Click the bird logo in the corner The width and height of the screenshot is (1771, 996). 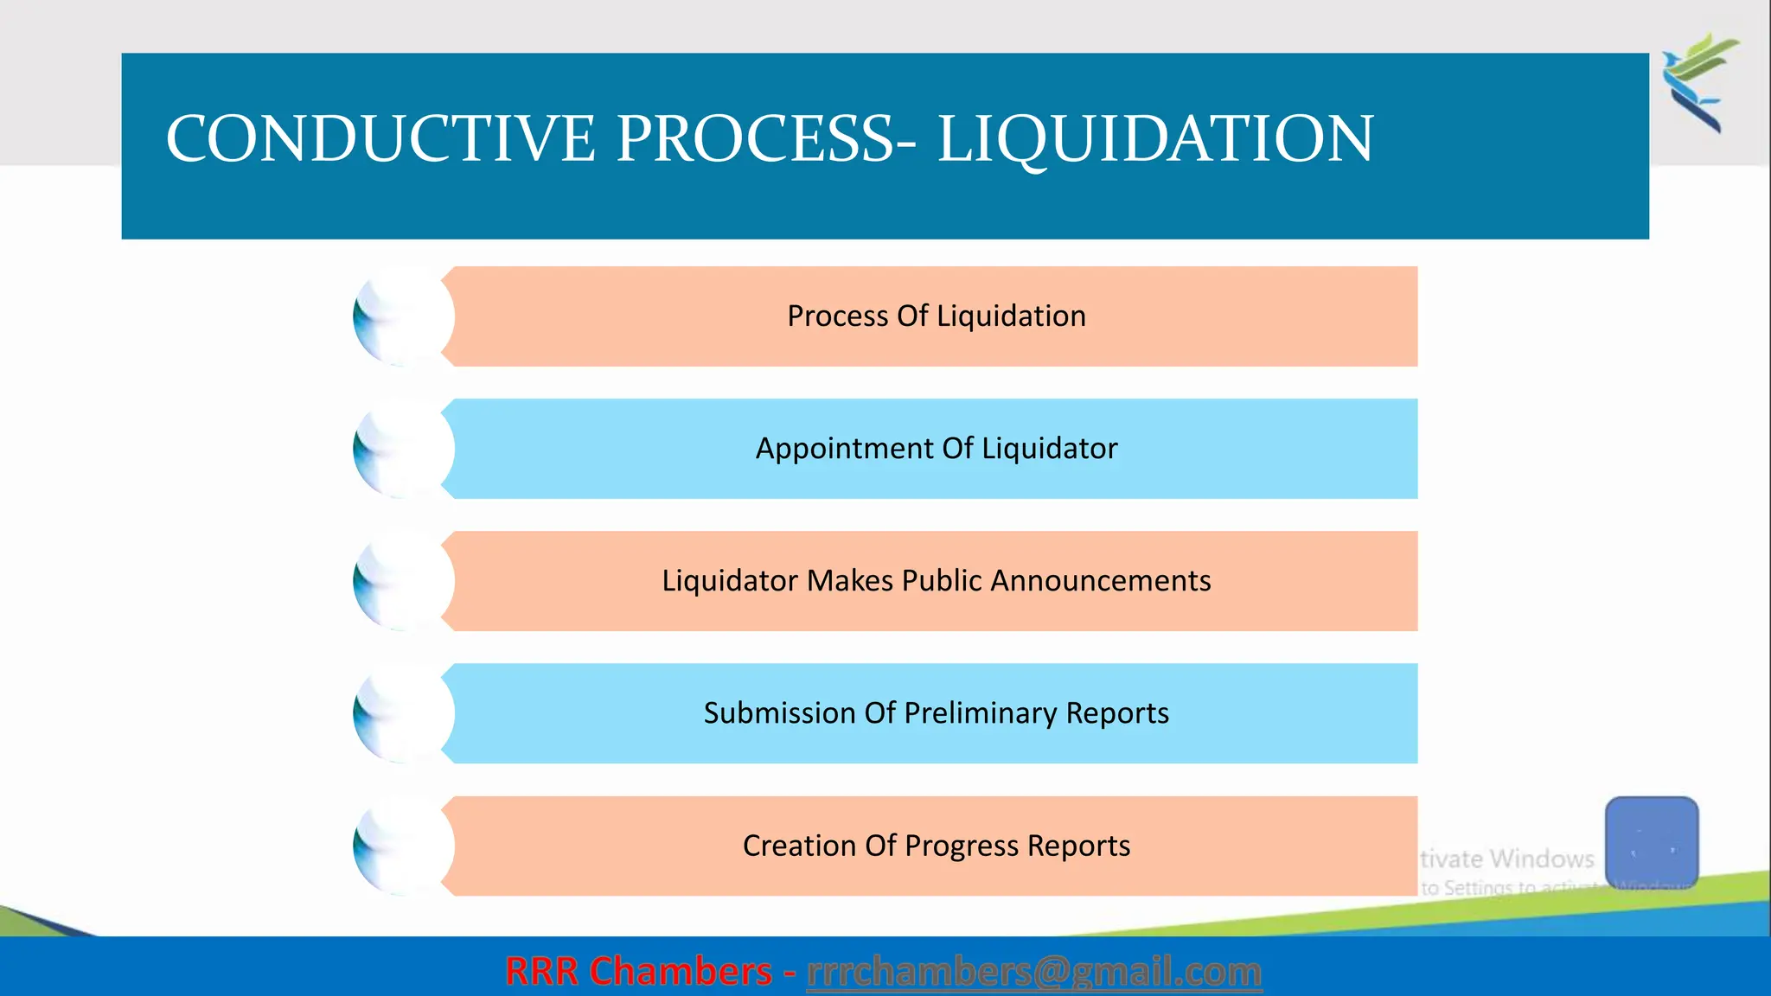click(x=1699, y=82)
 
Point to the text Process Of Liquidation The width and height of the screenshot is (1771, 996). click(x=937, y=316)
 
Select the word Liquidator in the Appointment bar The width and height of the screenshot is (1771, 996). click(x=1049, y=449)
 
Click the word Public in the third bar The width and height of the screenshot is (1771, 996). click(x=942, y=581)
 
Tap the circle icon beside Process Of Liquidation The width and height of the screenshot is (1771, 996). click(x=403, y=316)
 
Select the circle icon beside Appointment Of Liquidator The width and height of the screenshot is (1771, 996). click(x=403, y=449)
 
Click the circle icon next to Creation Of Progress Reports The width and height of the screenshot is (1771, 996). click(x=403, y=846)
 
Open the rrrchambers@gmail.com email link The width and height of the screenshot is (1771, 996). click(x=1034, y=972)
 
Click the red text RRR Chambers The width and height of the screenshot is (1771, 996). click(x=638, y=972)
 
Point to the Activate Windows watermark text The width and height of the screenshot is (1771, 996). click(x=1507, y=859)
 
